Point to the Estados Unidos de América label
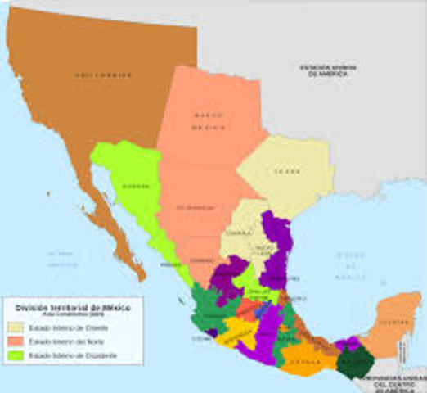(x=324, y=70)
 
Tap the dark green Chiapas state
(x=353, y=361)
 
